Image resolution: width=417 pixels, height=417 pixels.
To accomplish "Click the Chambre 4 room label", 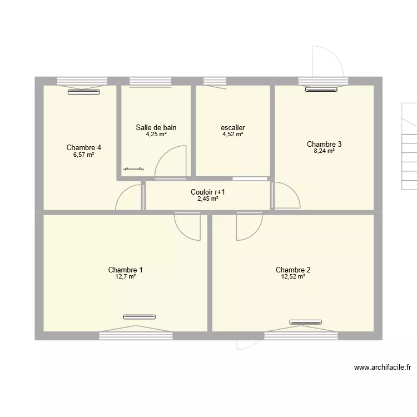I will click(x=83, y=147).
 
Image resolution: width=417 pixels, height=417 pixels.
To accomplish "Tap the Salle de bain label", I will click(x=156, y=127).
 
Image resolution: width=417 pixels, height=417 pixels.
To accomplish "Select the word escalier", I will click(x=232, y=127).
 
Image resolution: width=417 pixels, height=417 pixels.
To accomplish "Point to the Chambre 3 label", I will click(x=324, y=144).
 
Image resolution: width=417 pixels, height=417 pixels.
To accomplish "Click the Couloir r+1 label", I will click(x=208, y=192).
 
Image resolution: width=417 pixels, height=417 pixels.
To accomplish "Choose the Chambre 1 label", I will click(x=122, y=270).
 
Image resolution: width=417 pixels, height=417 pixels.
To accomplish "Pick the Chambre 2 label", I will click(x=293, y=270).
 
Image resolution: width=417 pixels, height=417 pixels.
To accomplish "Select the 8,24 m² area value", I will click(x=324, y=151).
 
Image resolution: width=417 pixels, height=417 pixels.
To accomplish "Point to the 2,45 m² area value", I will click(x=208, y=198).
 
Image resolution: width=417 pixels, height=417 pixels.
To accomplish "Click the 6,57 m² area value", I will click(x=83, y=155).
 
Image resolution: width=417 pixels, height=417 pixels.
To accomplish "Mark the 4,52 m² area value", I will click(x=232, y=134).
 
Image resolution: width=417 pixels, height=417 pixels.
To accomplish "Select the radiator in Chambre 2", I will click(x=305, y=321).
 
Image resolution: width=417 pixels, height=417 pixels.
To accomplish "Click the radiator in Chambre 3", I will click(x=321, y=88).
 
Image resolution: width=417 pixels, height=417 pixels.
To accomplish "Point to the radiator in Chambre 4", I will click(x=83, y=92).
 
